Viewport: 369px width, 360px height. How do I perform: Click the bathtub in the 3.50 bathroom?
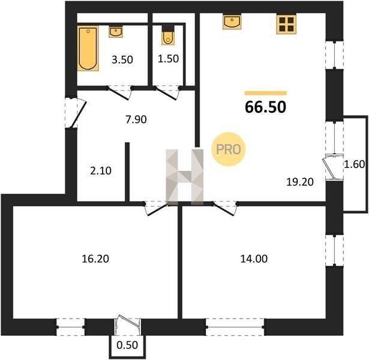88,48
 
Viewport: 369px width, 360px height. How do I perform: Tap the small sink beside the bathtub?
116,32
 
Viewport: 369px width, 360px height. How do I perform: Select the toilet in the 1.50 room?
167,36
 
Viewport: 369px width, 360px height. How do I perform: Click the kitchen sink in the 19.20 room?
232,22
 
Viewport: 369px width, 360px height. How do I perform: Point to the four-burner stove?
286,24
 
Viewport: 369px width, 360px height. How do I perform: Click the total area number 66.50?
266,107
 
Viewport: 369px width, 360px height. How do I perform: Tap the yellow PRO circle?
228,149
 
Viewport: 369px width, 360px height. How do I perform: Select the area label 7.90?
136,119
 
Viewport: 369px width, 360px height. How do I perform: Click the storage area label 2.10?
101,171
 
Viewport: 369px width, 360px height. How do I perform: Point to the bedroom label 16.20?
95,259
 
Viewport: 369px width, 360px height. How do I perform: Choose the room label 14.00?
254,259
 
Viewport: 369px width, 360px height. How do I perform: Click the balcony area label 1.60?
355,164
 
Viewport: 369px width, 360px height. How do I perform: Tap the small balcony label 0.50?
127,345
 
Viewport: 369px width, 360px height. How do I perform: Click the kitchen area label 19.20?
300,182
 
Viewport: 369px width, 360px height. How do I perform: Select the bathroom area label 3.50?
122,59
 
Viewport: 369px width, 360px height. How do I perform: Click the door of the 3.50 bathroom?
119,92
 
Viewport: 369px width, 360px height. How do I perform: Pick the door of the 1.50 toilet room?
167,92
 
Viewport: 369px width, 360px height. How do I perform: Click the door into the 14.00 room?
225,208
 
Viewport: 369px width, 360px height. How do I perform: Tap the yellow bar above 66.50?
266,93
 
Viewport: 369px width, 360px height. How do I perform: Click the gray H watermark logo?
185,177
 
